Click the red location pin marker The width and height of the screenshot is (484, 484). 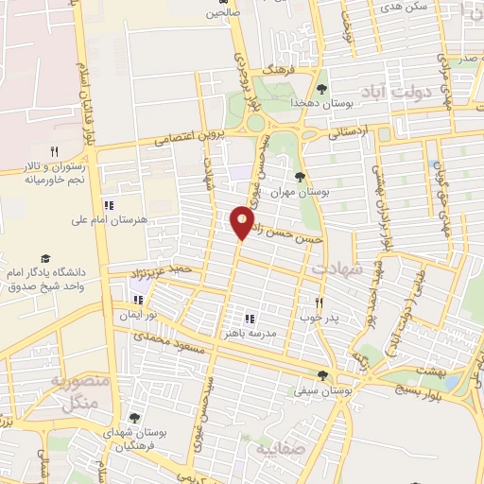coord(242,223)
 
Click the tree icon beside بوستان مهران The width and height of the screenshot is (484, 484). coord(301,177)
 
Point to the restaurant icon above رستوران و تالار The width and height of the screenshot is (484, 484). coord(54,150)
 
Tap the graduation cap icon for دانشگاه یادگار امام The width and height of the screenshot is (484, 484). coord(43,258)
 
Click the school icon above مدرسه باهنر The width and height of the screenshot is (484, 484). coord(250,319)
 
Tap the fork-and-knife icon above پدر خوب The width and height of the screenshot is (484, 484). coord(319,302)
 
